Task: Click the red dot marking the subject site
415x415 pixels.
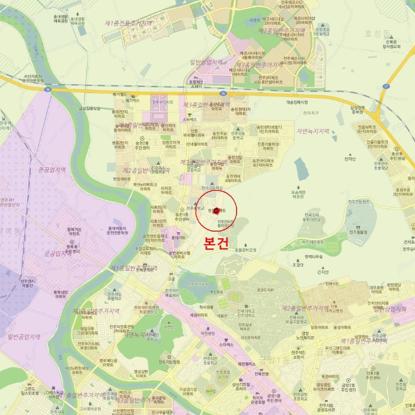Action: point(216,210)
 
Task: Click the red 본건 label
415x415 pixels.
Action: point(216,245)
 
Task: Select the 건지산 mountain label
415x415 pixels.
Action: point(323,273)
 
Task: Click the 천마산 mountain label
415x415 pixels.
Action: point(350,158)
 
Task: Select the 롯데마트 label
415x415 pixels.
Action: point(175,238)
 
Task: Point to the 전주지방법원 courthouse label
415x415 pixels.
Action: point(168,362)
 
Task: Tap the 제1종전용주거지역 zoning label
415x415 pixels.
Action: point(128,23)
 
